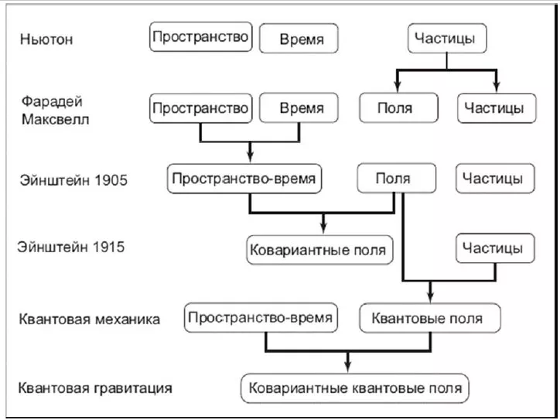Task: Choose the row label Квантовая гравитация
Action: (x=94, y=386)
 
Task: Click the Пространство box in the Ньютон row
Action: (x=201, y=37)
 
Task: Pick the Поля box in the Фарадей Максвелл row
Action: (x=394, y=108)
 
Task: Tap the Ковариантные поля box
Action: (x=316, y=250)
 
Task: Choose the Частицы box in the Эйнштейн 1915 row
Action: (x=493, y=249)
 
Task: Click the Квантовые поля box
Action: (x=428, y=318)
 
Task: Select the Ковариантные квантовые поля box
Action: (x=355, y=386)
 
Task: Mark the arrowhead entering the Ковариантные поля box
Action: (x=323, y=227)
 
